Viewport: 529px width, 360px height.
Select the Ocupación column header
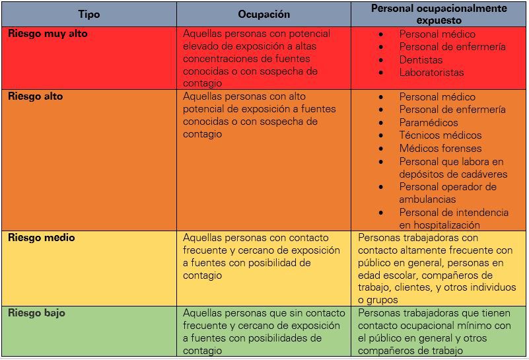point(264,15)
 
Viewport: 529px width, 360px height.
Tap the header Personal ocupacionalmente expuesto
point(439,14)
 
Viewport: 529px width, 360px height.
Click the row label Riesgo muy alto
point(48,33)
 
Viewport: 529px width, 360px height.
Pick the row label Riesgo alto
point(36,96)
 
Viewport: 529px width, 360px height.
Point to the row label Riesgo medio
point(42,238)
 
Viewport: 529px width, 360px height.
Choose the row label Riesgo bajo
point(37,313)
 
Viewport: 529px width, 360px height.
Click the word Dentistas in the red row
point(421,59)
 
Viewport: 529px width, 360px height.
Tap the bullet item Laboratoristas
point(431,73)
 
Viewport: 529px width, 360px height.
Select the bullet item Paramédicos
point(429,122)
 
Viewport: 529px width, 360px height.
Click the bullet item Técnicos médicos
point(440,135)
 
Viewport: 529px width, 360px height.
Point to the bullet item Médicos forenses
point(441,148)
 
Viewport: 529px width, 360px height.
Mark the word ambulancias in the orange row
point(427,199)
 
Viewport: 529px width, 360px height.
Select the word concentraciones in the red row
point(223,59)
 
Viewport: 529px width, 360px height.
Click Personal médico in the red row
point(437,34)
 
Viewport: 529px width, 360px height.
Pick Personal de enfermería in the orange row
point(452,110)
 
